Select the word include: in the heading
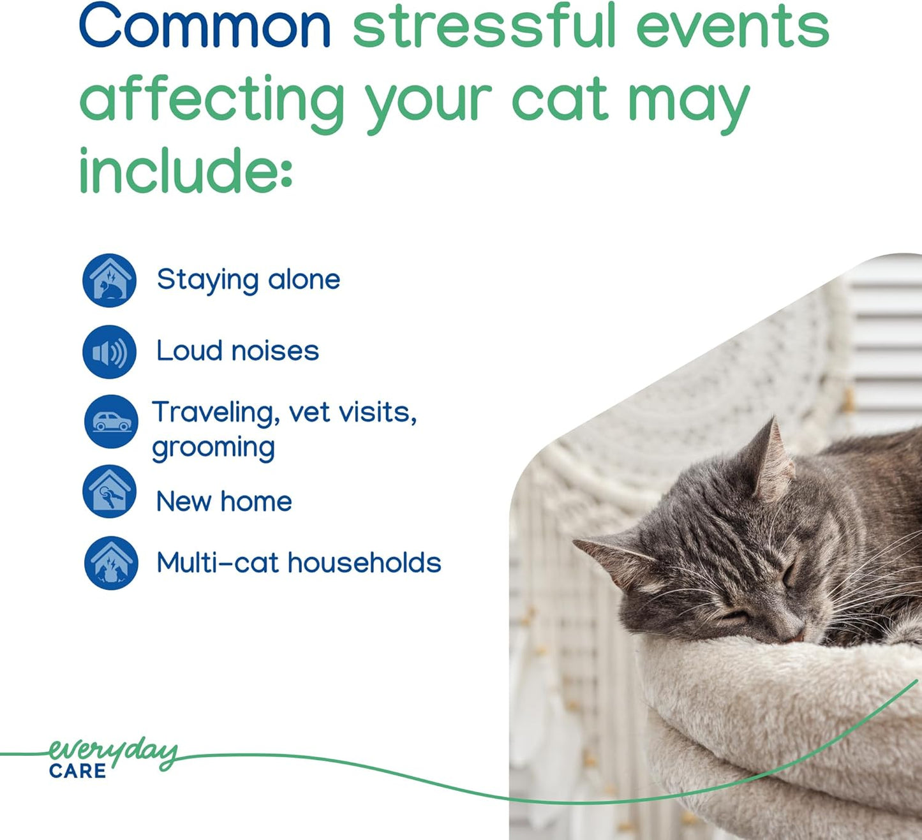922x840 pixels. click(x=185, y=169)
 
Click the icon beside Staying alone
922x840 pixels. click(x=109, y=280)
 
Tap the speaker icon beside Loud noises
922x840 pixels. click(x=109, y=351)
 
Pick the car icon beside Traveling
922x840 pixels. click(x=111, y=422)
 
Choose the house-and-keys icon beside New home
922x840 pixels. click(x=109, y=491)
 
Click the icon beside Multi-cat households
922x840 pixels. click(x=111, y=563)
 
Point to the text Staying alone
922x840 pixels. click(x=248, y=280)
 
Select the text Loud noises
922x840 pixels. click(x=237, y=351)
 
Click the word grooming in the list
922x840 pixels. click(x=213, y=448)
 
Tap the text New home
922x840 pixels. click(x=224, y=501)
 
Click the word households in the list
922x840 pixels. click(x=364, y=563)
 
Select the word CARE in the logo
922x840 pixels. click(x=77, y=771)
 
